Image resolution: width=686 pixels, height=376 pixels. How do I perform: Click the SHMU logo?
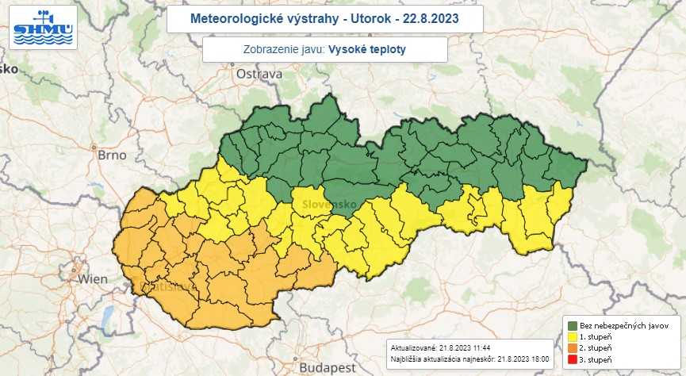tap(43, 27)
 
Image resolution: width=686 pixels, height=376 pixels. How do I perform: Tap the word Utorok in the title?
tap(370, 17)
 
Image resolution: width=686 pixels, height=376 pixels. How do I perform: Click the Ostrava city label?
tap(259, 74)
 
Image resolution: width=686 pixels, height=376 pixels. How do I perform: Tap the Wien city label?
tap(92, 279)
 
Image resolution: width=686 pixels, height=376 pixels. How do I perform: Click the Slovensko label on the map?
tap(328, 205)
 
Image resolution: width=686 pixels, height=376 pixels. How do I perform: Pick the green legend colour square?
tap(572, 325)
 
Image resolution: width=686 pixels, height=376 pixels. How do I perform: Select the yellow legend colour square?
tap(572, 336)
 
